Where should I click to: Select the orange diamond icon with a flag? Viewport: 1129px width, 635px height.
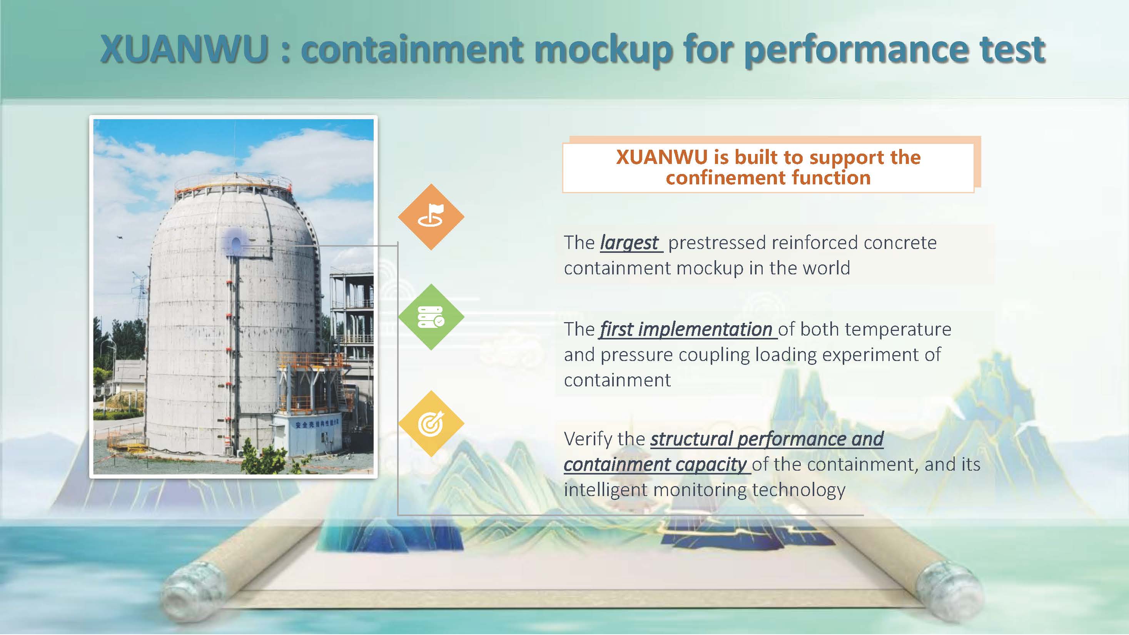[431, 217]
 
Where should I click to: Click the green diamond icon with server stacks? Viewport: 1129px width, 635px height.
[431, 317]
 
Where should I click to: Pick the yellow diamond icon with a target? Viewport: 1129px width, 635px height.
[431, 423]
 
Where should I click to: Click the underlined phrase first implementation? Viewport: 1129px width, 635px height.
[686, 329]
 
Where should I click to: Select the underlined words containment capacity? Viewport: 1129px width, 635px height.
[655, 464]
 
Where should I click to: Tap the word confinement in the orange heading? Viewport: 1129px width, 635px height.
[720, 178]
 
